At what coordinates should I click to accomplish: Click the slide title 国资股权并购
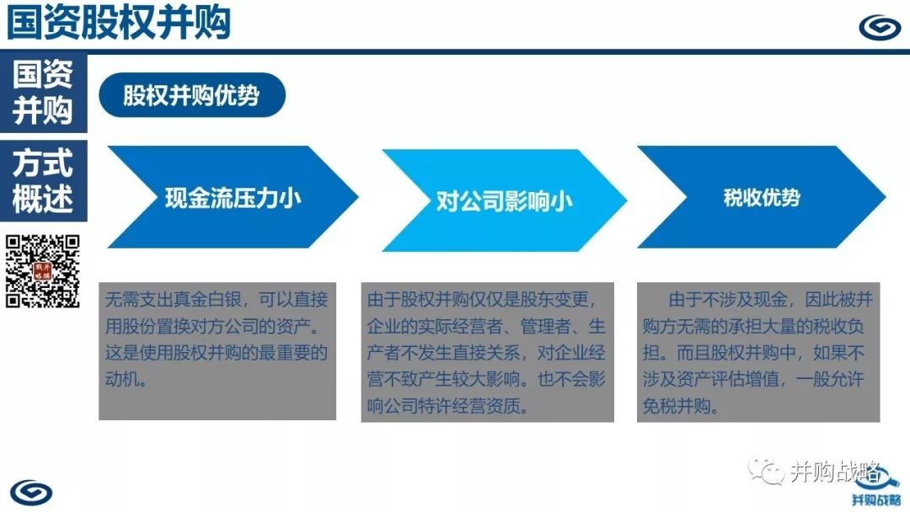click(x=119, y=23)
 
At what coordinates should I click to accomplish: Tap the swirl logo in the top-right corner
click(x=880, y=27)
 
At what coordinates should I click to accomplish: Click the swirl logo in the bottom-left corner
click(x=31, y=493)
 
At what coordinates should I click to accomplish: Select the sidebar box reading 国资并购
click(x=44, y=93)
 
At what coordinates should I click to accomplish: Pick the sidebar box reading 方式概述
click(x=44, y=180)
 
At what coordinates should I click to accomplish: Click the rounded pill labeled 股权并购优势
click(x=192, y=95)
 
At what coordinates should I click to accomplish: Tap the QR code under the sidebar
click(x=42, y=271)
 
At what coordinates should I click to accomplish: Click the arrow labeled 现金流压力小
click(x=233, y=197)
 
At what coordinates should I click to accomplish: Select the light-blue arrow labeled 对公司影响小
click(x=504, y=200)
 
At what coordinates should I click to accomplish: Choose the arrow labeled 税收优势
click(x=762, y=197)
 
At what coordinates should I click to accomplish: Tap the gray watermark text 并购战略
click(x=835, y=472)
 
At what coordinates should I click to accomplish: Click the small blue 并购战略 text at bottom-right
click(x=875, y=500)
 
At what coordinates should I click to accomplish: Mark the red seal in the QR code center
click(x=43, y=271)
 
